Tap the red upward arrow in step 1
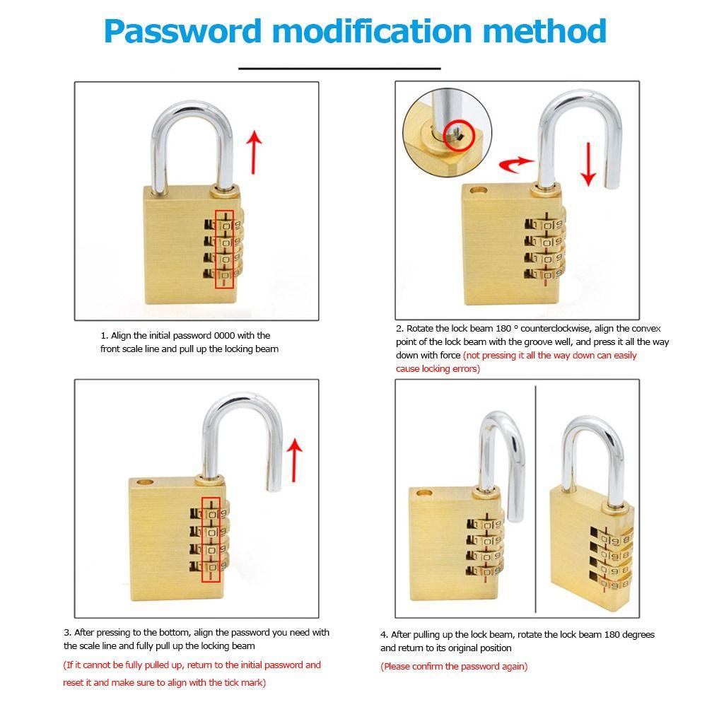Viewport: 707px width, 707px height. tap(255, 151)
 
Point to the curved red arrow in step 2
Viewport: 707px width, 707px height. tap(515, 164)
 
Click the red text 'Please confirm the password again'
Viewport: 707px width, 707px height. tap(454, 666)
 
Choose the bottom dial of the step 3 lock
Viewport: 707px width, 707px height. tap(211, 565)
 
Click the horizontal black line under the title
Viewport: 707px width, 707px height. tap(339, 69)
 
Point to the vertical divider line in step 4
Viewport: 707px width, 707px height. tap(537, 495)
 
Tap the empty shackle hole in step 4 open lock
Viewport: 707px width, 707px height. tap(424, 491)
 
